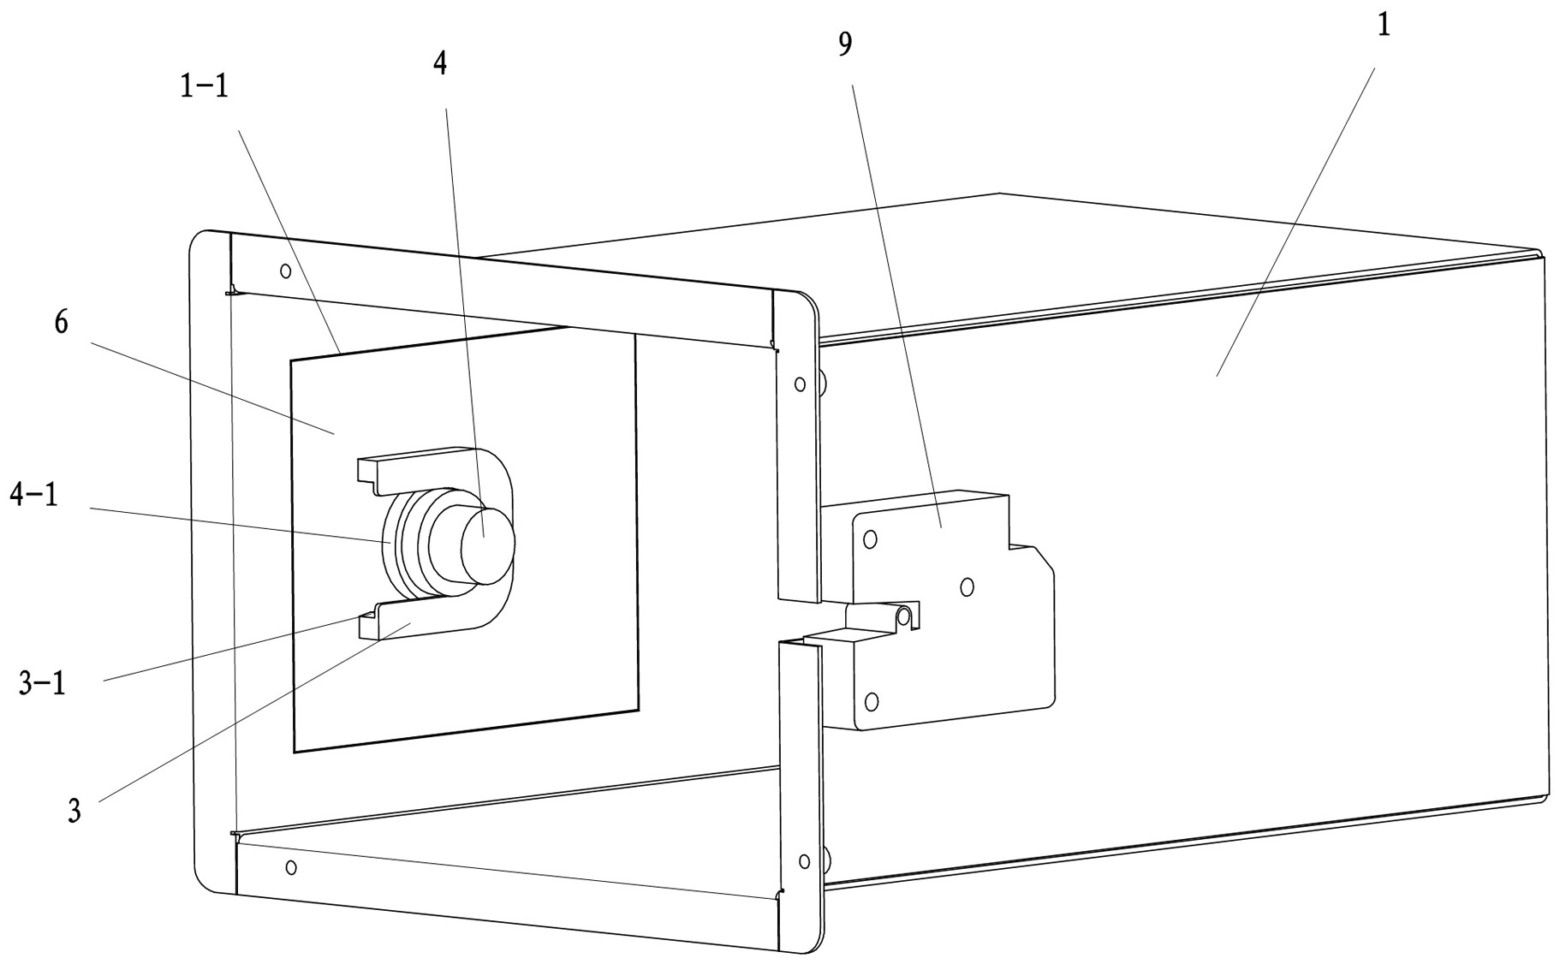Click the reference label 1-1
[204, 86]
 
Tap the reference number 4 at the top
[440, 63]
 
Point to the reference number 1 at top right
[1382, 26]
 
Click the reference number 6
[61, 323]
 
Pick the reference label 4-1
[34, 494]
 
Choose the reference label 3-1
[42, 683]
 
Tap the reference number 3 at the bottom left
[74, 810]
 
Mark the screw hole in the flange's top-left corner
[286, 271]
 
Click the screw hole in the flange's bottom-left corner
[291, 867]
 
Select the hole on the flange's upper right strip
[800, 384]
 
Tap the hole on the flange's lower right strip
[803, 860]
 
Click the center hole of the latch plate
[967, 586]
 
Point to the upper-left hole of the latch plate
[870, 539]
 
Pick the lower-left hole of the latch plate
[872, 702]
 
